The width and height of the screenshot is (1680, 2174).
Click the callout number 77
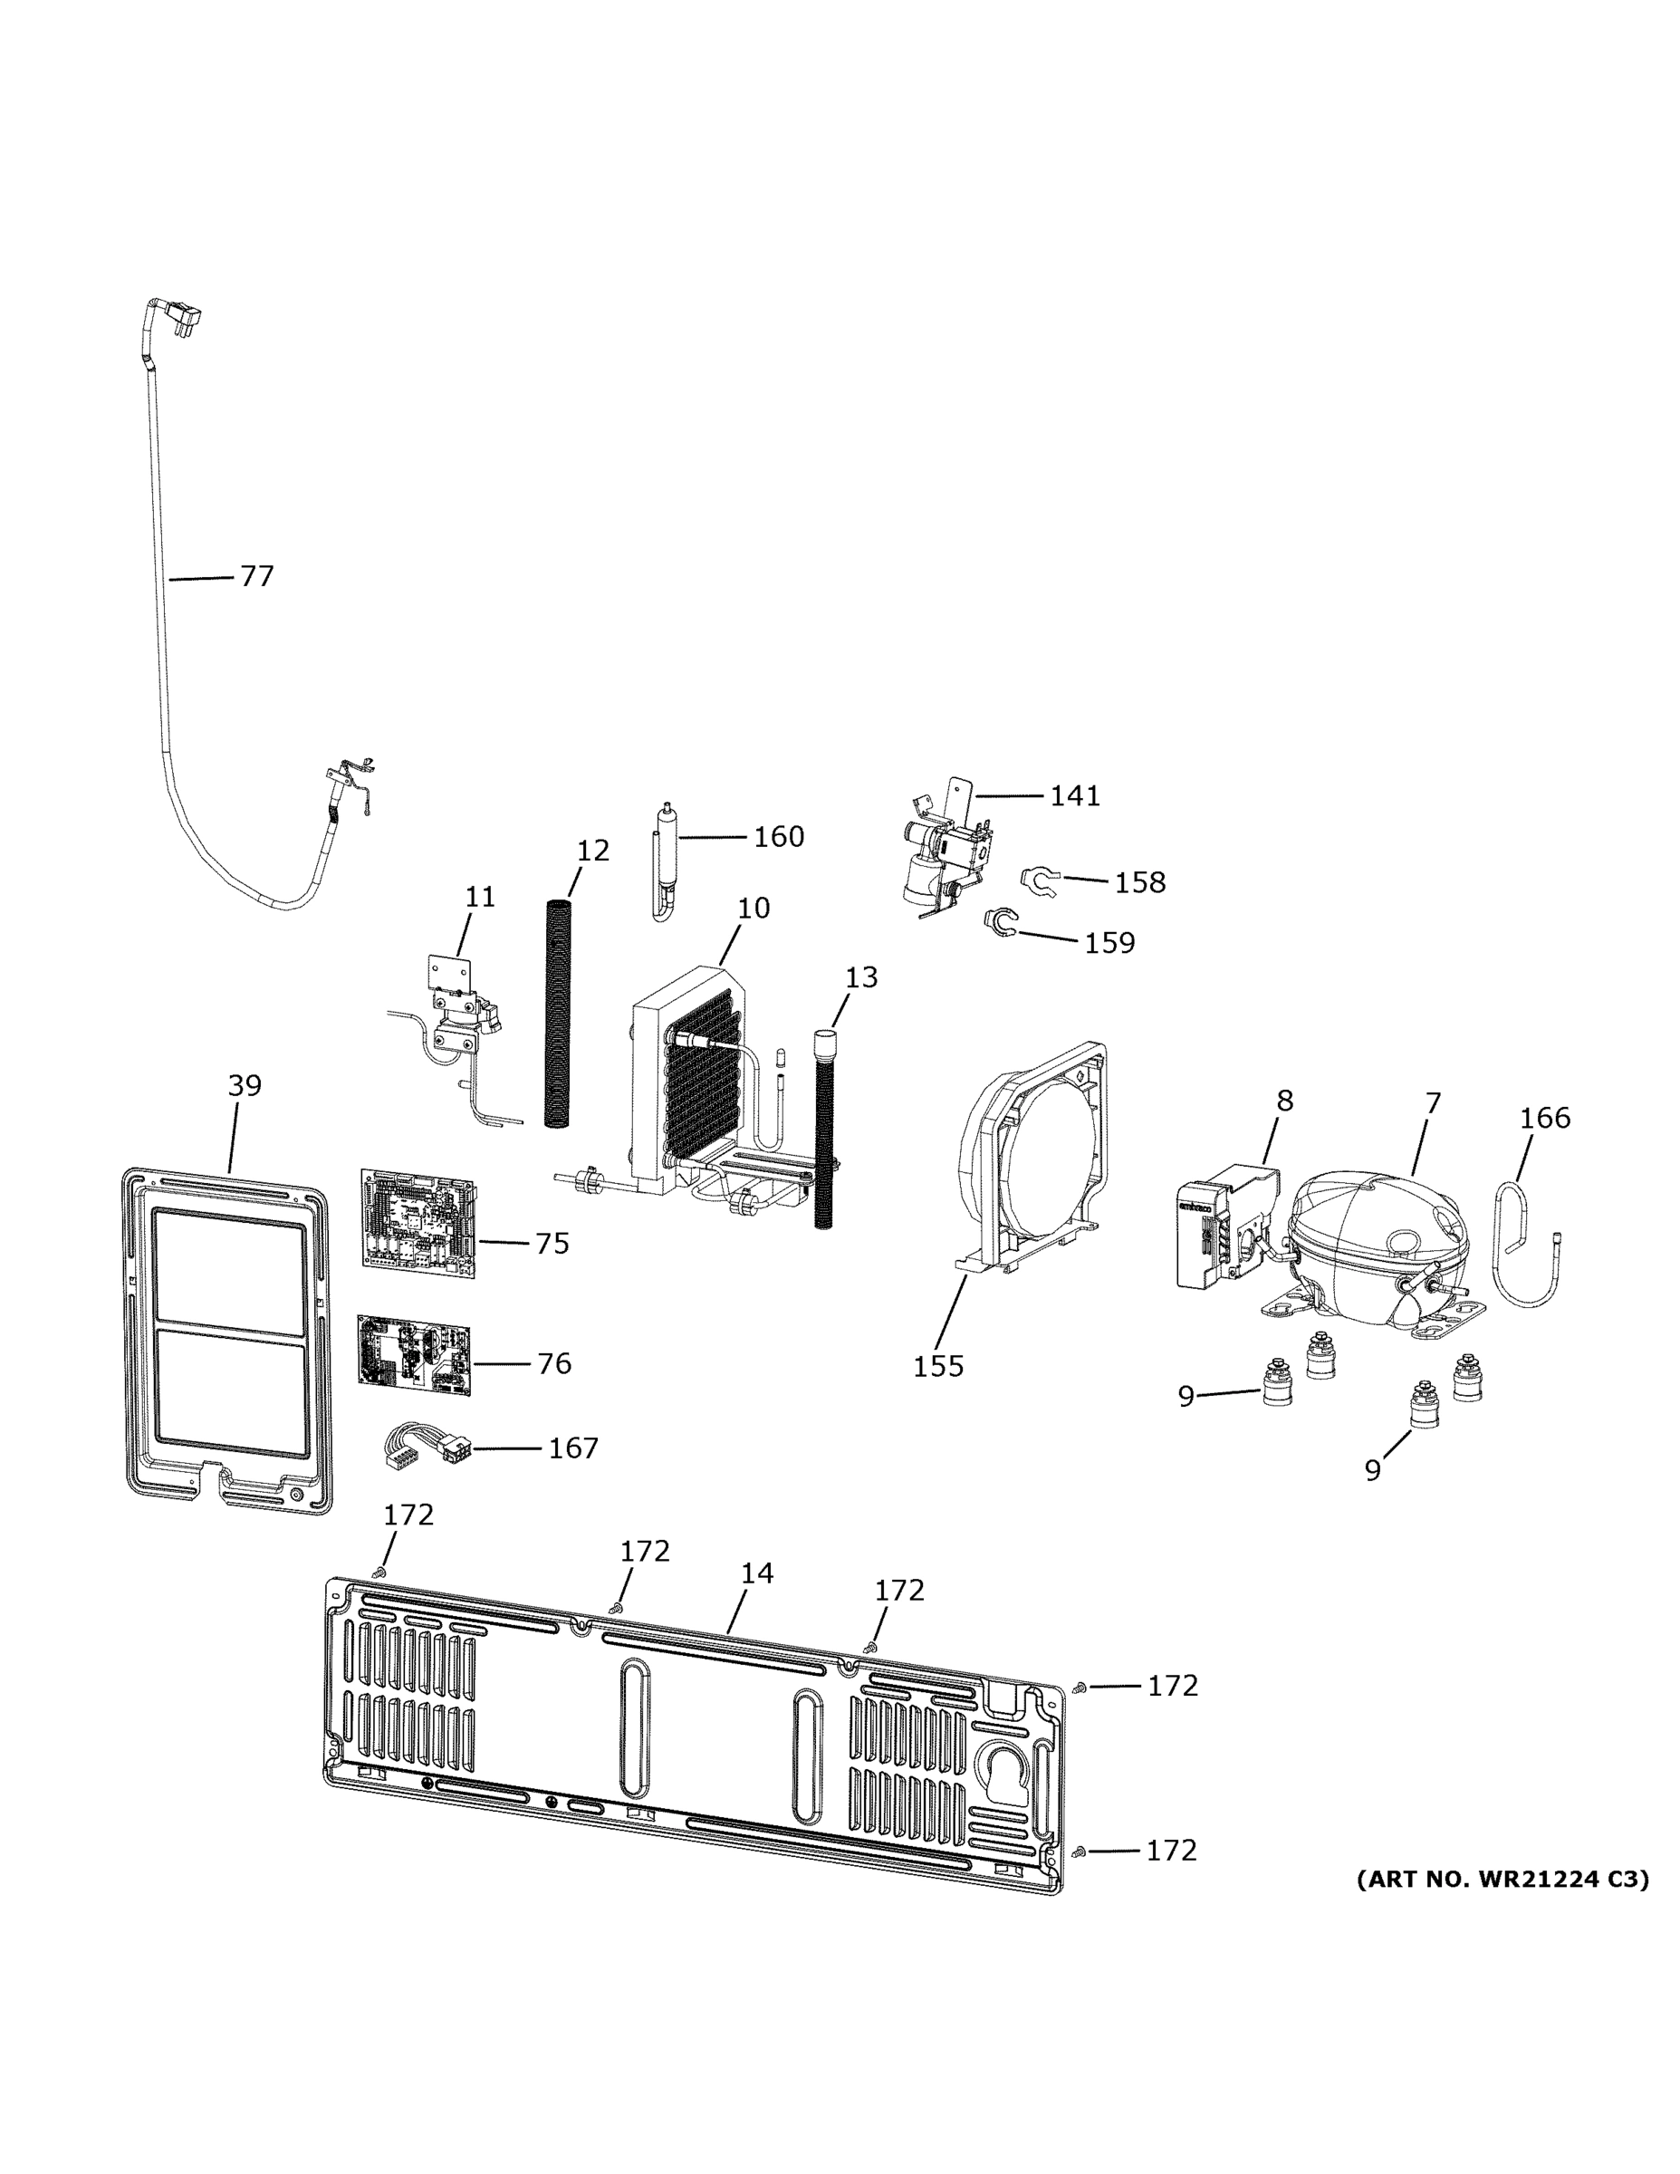pyautogui.click(x=257, y=576)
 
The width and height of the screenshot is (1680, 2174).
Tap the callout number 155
pyautogui.click(x=937, y=1366)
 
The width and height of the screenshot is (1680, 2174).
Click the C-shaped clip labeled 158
pyautogui.click(x=1036, y=879)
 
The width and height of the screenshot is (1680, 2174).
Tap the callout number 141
pyautogui.click(x=1075, y=795)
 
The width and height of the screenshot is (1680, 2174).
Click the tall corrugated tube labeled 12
pyautogui.click(x=560, y=1010)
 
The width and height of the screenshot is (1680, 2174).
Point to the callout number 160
pyautogui.click(x=778, y=836)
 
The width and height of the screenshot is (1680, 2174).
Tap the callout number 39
pyautogui.click(x=245, y=1085)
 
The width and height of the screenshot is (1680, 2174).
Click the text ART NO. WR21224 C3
pyautogui.click(x=1502, y=1880)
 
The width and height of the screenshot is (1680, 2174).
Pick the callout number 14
pyautogui.click(x=756, y=1573)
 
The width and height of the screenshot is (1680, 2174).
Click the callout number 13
pyautogui.click(x=861, y=977)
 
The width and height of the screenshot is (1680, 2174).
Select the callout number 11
pyautogui.click(x=480, y=897)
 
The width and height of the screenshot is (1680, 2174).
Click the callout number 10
pyautogui.click(x=754, y=908)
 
